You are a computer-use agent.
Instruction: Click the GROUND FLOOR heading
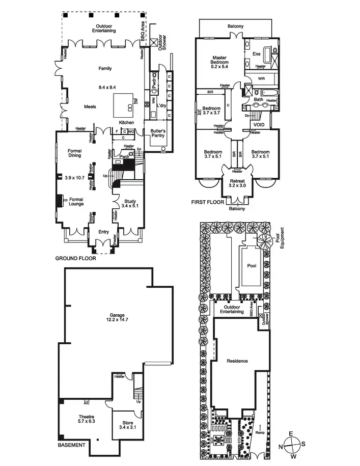(75, 258)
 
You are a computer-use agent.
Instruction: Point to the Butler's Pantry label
(158, 133)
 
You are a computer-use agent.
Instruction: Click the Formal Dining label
(75, 153)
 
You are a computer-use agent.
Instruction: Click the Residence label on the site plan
(237, 361)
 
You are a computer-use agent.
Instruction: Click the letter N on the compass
(280, 446)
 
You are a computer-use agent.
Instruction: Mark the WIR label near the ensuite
(261, 79)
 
